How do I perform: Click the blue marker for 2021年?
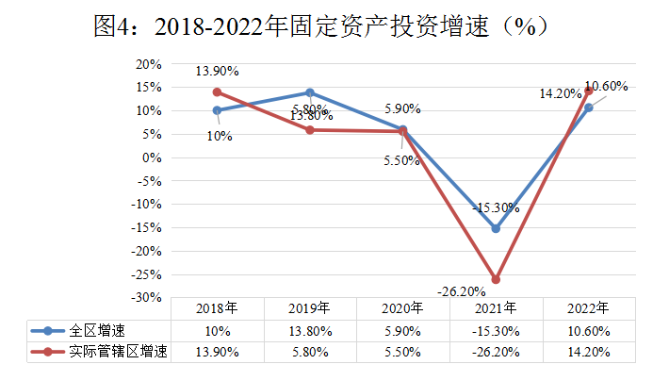click(496, 228)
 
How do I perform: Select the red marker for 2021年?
click(496, 279)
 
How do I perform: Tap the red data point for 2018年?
click(217, 92)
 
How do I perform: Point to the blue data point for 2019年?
click(310, 92)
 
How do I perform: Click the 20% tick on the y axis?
click(149, 64)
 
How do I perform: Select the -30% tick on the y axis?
click(147, 297)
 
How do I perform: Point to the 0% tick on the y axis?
click(153, 157)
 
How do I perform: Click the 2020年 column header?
click(402, 308)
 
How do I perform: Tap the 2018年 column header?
click(217, 308)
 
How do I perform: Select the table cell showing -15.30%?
click(496, 330)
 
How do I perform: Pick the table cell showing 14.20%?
click(589, 352)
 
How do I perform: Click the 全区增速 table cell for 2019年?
click(310, 330)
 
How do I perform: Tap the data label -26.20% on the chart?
click(460, 290)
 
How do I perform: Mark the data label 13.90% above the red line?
click(217, 71)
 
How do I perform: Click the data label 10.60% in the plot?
click(606, 86)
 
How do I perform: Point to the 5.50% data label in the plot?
click(402, 161)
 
